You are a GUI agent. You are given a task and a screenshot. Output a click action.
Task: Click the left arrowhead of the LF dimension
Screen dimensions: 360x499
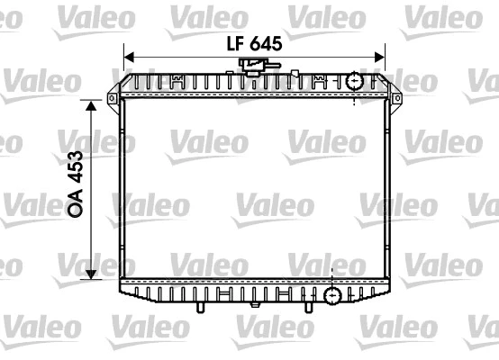(x=128, y=58)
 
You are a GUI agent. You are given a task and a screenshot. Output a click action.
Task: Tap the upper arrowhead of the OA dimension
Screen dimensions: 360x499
(x=90, y=107)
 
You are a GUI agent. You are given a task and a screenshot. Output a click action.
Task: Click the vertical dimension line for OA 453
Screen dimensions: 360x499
(x=90, y=190)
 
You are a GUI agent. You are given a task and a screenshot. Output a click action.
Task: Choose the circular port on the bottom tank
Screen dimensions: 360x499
(x=333, y=294)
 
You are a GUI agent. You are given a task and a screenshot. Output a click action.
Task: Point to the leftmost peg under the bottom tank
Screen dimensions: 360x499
(x=197, y=308)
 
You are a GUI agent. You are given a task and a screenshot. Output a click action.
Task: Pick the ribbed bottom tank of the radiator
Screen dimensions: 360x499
(x=225, y=292)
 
